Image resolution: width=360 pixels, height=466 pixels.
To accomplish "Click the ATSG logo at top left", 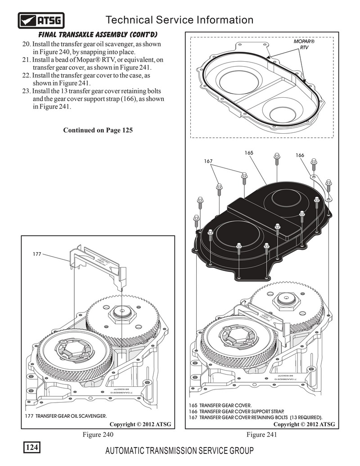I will click(x=41, y=20).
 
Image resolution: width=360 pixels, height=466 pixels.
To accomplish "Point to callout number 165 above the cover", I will click(x=249, y=153).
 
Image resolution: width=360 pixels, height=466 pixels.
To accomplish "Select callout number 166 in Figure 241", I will click(x=300, y=155).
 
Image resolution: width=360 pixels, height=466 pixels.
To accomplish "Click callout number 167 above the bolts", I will click(x=208, y=161).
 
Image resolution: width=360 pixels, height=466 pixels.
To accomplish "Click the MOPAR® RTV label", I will click(x=304, y=44).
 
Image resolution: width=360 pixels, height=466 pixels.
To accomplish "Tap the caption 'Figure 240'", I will click(x=98, y=435).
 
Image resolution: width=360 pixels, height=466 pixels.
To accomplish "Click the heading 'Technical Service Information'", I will click(x=179, y=20).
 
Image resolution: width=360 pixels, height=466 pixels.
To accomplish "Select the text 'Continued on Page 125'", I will click(x=98, y=131).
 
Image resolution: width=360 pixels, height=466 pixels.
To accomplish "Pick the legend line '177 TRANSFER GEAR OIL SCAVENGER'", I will click(x=71, y=416).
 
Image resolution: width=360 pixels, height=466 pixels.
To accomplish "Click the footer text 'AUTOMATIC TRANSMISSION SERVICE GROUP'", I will click(x=179, y=451).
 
